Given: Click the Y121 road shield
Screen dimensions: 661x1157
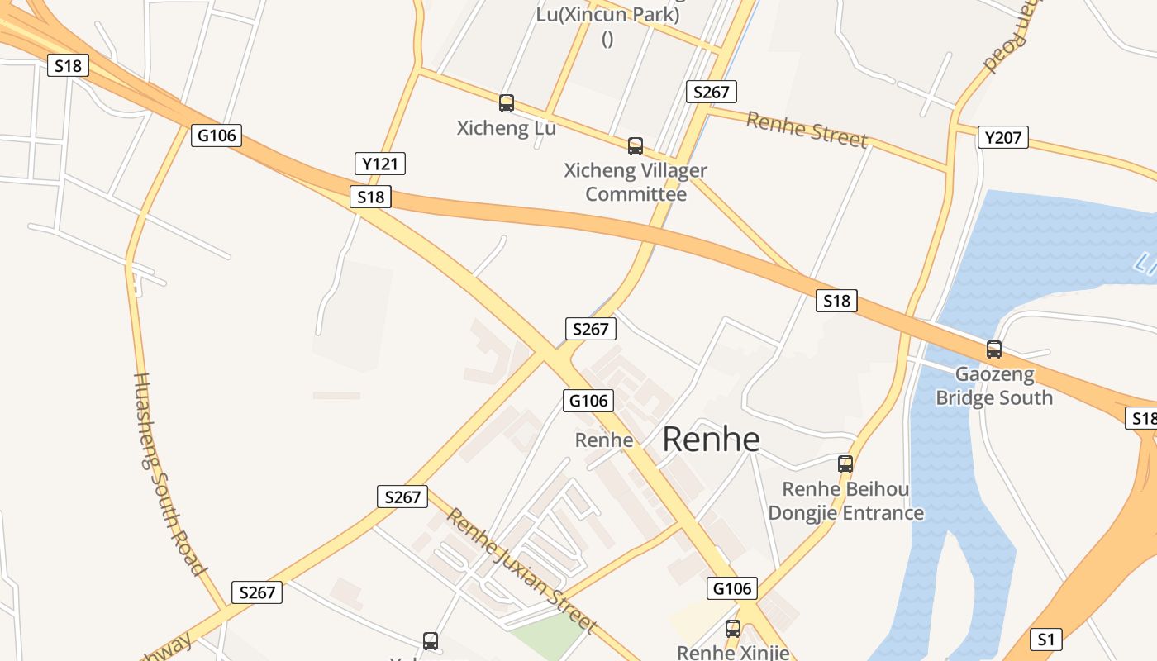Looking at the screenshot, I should (x=380, y=164).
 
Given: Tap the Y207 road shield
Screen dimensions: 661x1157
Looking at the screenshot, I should (x=1003, y=137).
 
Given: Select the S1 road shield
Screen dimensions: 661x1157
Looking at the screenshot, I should (x=1046, y=639).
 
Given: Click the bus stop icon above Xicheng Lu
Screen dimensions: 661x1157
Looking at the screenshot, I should (x=507, y=103).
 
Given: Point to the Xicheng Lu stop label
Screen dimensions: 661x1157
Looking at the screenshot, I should (x=507, y=128).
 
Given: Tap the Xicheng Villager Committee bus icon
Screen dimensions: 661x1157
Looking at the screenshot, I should (x=636, y=146).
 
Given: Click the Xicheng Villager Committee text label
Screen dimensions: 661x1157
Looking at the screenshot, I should (x=636, y=183).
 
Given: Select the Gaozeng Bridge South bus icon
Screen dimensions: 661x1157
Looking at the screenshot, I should (x=994, y=350).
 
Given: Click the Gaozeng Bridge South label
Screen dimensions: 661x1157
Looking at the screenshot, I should (x=994, y=386).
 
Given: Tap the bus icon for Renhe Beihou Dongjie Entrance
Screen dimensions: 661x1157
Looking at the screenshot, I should (x=845, y=464).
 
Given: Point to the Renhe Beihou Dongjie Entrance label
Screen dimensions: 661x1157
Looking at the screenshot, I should (x=845, y=501).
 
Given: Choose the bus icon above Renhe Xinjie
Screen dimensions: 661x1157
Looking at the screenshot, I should (x=733, y=628).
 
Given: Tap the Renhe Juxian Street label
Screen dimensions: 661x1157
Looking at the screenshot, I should (x=521, y=570).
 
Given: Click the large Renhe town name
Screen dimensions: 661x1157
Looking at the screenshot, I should (x=711, y=439).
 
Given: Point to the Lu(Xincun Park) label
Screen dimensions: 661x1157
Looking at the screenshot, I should (x=608, y=15).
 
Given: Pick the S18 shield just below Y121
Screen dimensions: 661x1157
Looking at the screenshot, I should (x=370, y=197).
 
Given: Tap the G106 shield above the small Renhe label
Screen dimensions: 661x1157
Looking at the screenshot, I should (x=588, y=401).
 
